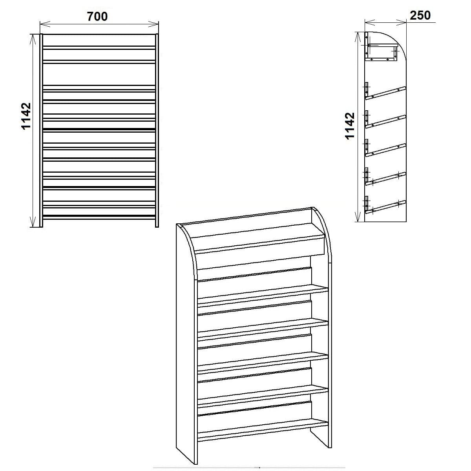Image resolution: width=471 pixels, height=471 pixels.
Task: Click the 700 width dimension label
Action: tap(97, 16)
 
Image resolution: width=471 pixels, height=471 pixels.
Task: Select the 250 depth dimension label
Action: tap(420, 15)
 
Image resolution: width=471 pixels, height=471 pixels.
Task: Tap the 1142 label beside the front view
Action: tap(26, 116)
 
